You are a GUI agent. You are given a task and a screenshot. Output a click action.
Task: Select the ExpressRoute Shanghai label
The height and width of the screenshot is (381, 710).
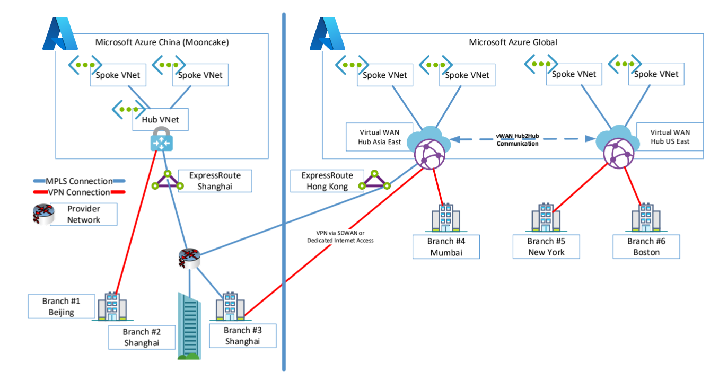point(215,181)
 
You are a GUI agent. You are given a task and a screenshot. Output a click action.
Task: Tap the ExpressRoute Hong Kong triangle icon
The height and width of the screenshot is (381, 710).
point(375,181)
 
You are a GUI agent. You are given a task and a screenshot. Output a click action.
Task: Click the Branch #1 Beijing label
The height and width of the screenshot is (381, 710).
point(61,306)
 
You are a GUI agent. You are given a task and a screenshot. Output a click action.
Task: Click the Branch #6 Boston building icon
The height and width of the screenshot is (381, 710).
point(645,219)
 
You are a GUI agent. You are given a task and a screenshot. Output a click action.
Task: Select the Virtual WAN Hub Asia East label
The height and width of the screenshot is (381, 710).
point(380,137)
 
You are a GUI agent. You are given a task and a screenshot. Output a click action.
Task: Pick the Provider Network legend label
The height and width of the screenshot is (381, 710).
point(83,214)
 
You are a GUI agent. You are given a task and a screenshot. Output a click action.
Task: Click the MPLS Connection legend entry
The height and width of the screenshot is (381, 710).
point(78,182)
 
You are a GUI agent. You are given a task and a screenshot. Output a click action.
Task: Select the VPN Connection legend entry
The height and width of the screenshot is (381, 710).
point(78,192)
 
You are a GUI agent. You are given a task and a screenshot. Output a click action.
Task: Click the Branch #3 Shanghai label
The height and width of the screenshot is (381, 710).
point(242,335)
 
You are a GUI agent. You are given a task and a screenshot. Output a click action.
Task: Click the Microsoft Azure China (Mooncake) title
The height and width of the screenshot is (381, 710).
point(162,42)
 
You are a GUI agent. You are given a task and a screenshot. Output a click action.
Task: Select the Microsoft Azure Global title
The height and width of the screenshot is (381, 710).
point(513,42)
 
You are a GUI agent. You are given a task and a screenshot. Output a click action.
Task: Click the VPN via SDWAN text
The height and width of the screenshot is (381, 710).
point(340,236)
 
